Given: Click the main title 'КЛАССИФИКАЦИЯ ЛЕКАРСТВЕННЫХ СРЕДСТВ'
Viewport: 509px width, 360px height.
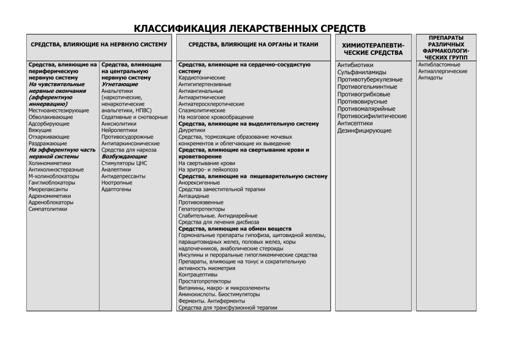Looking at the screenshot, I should coord(254,28).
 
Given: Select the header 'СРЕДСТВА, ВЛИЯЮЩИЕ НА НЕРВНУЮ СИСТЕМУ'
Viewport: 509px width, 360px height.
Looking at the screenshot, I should coord(99,45).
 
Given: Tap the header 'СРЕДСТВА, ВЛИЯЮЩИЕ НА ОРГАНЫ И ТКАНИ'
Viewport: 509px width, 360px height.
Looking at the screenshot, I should coord(254,45).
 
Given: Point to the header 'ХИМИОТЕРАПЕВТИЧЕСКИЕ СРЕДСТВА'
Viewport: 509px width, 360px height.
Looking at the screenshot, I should coord(372,49).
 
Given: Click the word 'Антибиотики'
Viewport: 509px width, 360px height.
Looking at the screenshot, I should coord(356,65).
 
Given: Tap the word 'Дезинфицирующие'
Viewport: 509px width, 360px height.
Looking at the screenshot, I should coord(364,130).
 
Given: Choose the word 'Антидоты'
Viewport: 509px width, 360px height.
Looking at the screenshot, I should coord(431,78).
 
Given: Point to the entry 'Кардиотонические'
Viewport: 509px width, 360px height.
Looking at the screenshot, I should coord(201,78).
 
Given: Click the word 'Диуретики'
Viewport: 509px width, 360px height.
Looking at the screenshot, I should coord(192,130).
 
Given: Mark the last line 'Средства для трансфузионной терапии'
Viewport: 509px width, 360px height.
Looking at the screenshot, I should coord(228,307).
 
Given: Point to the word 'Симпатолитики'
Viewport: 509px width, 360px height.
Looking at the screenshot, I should coord(48,209).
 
